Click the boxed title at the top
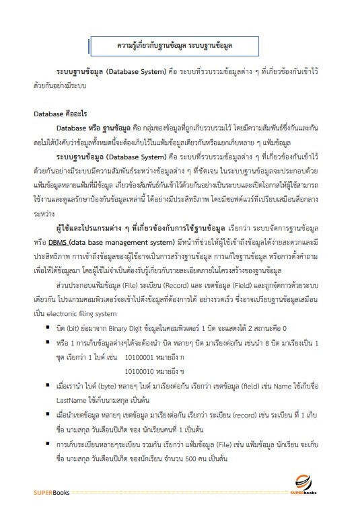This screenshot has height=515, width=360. [179, 45]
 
